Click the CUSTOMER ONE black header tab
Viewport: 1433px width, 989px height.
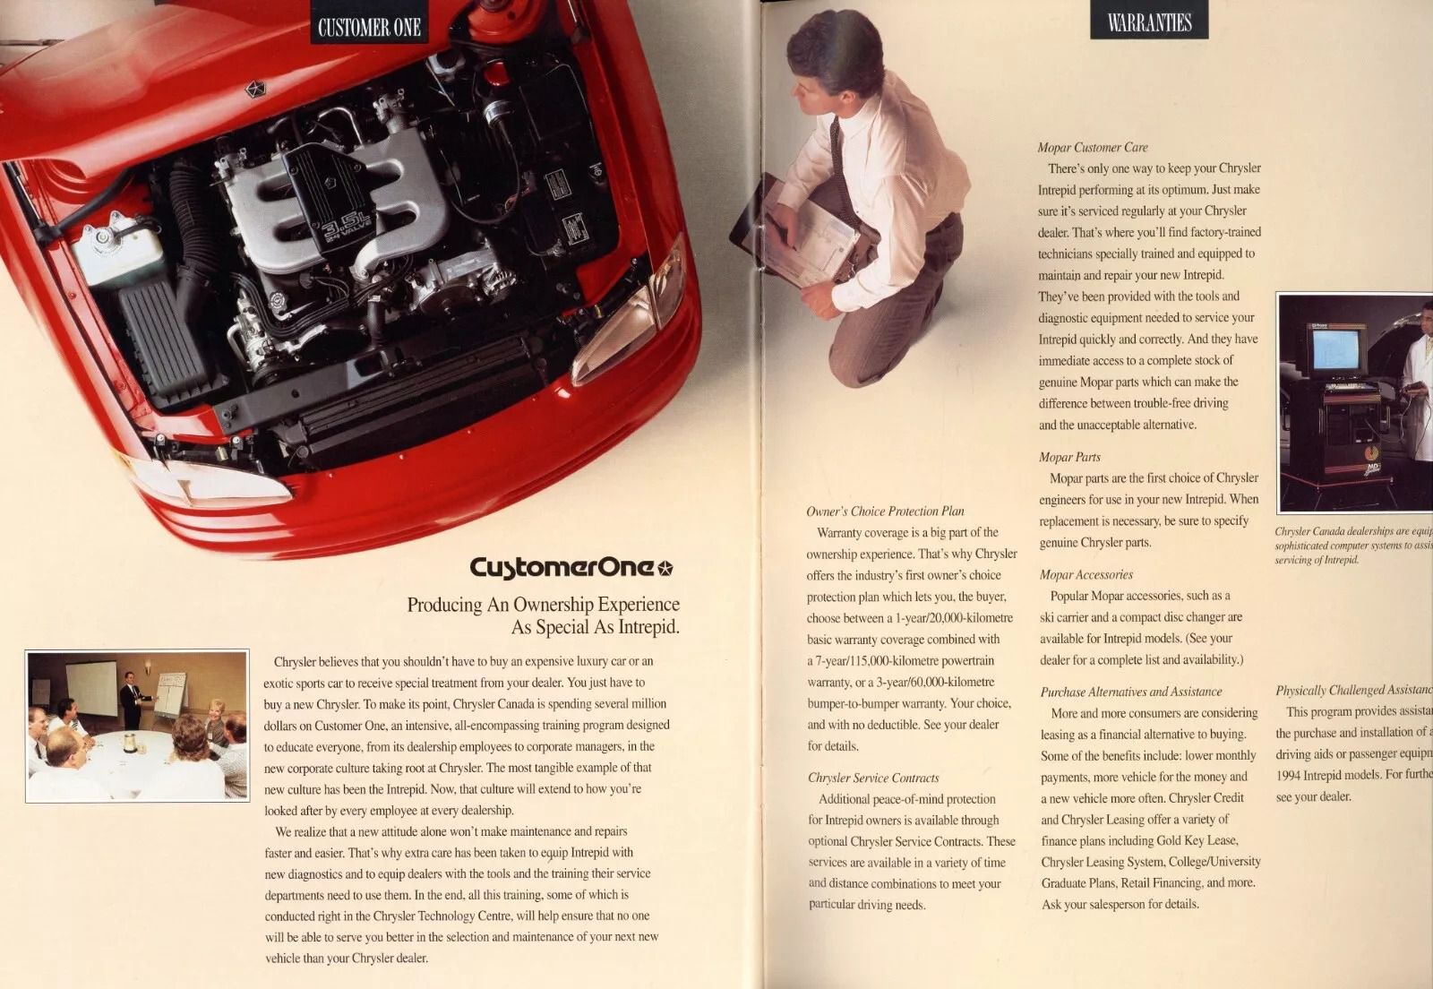click(369, 27)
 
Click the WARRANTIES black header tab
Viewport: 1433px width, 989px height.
click(1149, 22)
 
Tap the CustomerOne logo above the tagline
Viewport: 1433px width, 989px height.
click(571, 567)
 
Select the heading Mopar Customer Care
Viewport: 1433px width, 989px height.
click(1092, 148)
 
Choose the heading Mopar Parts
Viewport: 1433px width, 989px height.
click(1069, 457)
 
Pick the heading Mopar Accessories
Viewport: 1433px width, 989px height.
click(1085, 575)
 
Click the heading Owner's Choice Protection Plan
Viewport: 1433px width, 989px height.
click(885, 512)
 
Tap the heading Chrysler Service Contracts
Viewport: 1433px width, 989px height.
click(873, 778)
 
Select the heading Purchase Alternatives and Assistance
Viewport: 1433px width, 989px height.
click(1130, 692)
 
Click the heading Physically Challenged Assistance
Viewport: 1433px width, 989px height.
click(1352, 690)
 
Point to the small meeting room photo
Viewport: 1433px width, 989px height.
click(137, 726)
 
